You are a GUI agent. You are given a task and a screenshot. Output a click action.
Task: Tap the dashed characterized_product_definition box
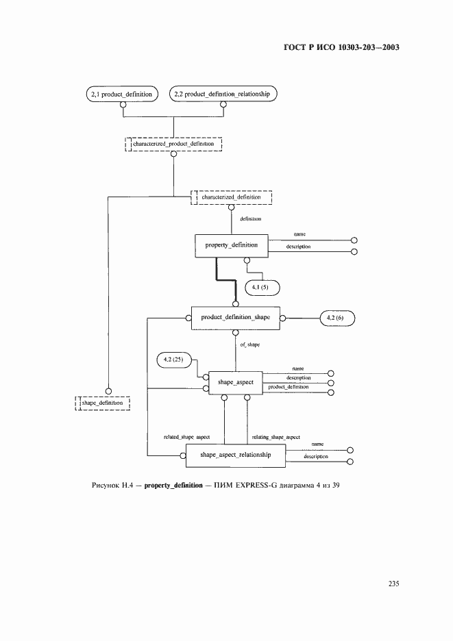click(x=174, y=144)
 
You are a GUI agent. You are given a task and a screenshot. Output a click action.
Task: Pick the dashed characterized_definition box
click(x=232, y=197)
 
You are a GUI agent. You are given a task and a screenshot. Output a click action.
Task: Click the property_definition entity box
click(x=232, y=244)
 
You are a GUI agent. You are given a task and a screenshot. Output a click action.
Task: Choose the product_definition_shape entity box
click(x=236, y=318)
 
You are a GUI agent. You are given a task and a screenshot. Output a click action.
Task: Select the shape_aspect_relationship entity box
click(x=236, y=455)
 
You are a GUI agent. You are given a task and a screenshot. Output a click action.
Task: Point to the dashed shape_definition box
click(x=102, y=403)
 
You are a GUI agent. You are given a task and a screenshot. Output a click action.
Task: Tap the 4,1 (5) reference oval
click(x=261, y=286)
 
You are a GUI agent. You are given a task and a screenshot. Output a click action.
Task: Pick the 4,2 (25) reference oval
click(x=173, y=360)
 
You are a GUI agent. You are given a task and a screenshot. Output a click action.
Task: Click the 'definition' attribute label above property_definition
click(x=249, y=218)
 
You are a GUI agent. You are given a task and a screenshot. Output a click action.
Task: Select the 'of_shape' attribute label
click(x=249, y=345)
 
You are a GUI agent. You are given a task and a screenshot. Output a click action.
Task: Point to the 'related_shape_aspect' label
click(x=186, y=436)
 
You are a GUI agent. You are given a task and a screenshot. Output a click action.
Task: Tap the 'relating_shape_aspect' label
click(x=276, y=436)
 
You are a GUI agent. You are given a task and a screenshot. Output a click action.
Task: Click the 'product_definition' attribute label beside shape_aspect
click(x=288, y=388)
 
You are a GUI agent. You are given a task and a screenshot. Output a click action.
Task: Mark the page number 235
click(x=393, y=584)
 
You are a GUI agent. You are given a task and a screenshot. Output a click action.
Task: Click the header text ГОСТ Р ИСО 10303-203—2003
click(x=341, y=49)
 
